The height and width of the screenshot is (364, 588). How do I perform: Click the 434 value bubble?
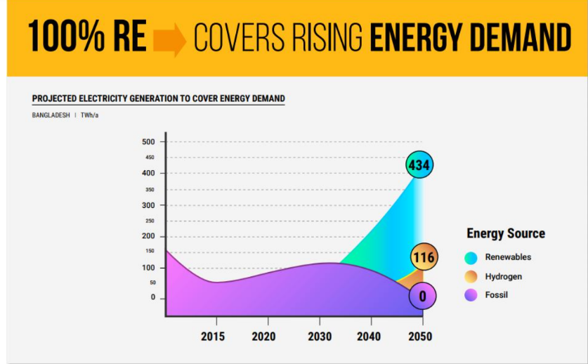[x=419, y=165]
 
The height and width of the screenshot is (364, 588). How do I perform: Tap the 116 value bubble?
[x=423, y=257]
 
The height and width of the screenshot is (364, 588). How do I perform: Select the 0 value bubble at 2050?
[x=422, y=296]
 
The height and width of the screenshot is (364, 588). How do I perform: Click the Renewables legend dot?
[x=471, y=257]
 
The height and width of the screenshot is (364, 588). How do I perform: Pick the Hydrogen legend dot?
[x=471, y=276]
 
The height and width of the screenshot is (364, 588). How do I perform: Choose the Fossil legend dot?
[x=471, y=295]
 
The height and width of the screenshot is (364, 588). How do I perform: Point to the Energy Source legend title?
[x=505, y=233]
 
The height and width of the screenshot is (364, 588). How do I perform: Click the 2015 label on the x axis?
[x=213, y=337]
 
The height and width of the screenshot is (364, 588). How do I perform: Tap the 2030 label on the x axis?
[x=320, y=337]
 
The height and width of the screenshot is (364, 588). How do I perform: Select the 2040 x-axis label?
[x=369, y=337]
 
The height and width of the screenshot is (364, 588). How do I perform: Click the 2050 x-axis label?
[x=419, y=337]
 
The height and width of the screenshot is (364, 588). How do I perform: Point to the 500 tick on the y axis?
[x=149, y=141]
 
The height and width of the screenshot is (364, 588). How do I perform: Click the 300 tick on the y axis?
[x=149, y=205]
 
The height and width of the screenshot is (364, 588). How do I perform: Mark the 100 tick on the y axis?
[x=149, y=268]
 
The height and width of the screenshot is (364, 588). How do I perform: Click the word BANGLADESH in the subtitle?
[x=51, y=115]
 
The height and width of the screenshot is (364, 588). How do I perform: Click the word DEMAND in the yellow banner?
[x=515, y=38]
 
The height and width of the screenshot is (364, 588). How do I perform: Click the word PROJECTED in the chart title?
[x=57, y=98]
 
